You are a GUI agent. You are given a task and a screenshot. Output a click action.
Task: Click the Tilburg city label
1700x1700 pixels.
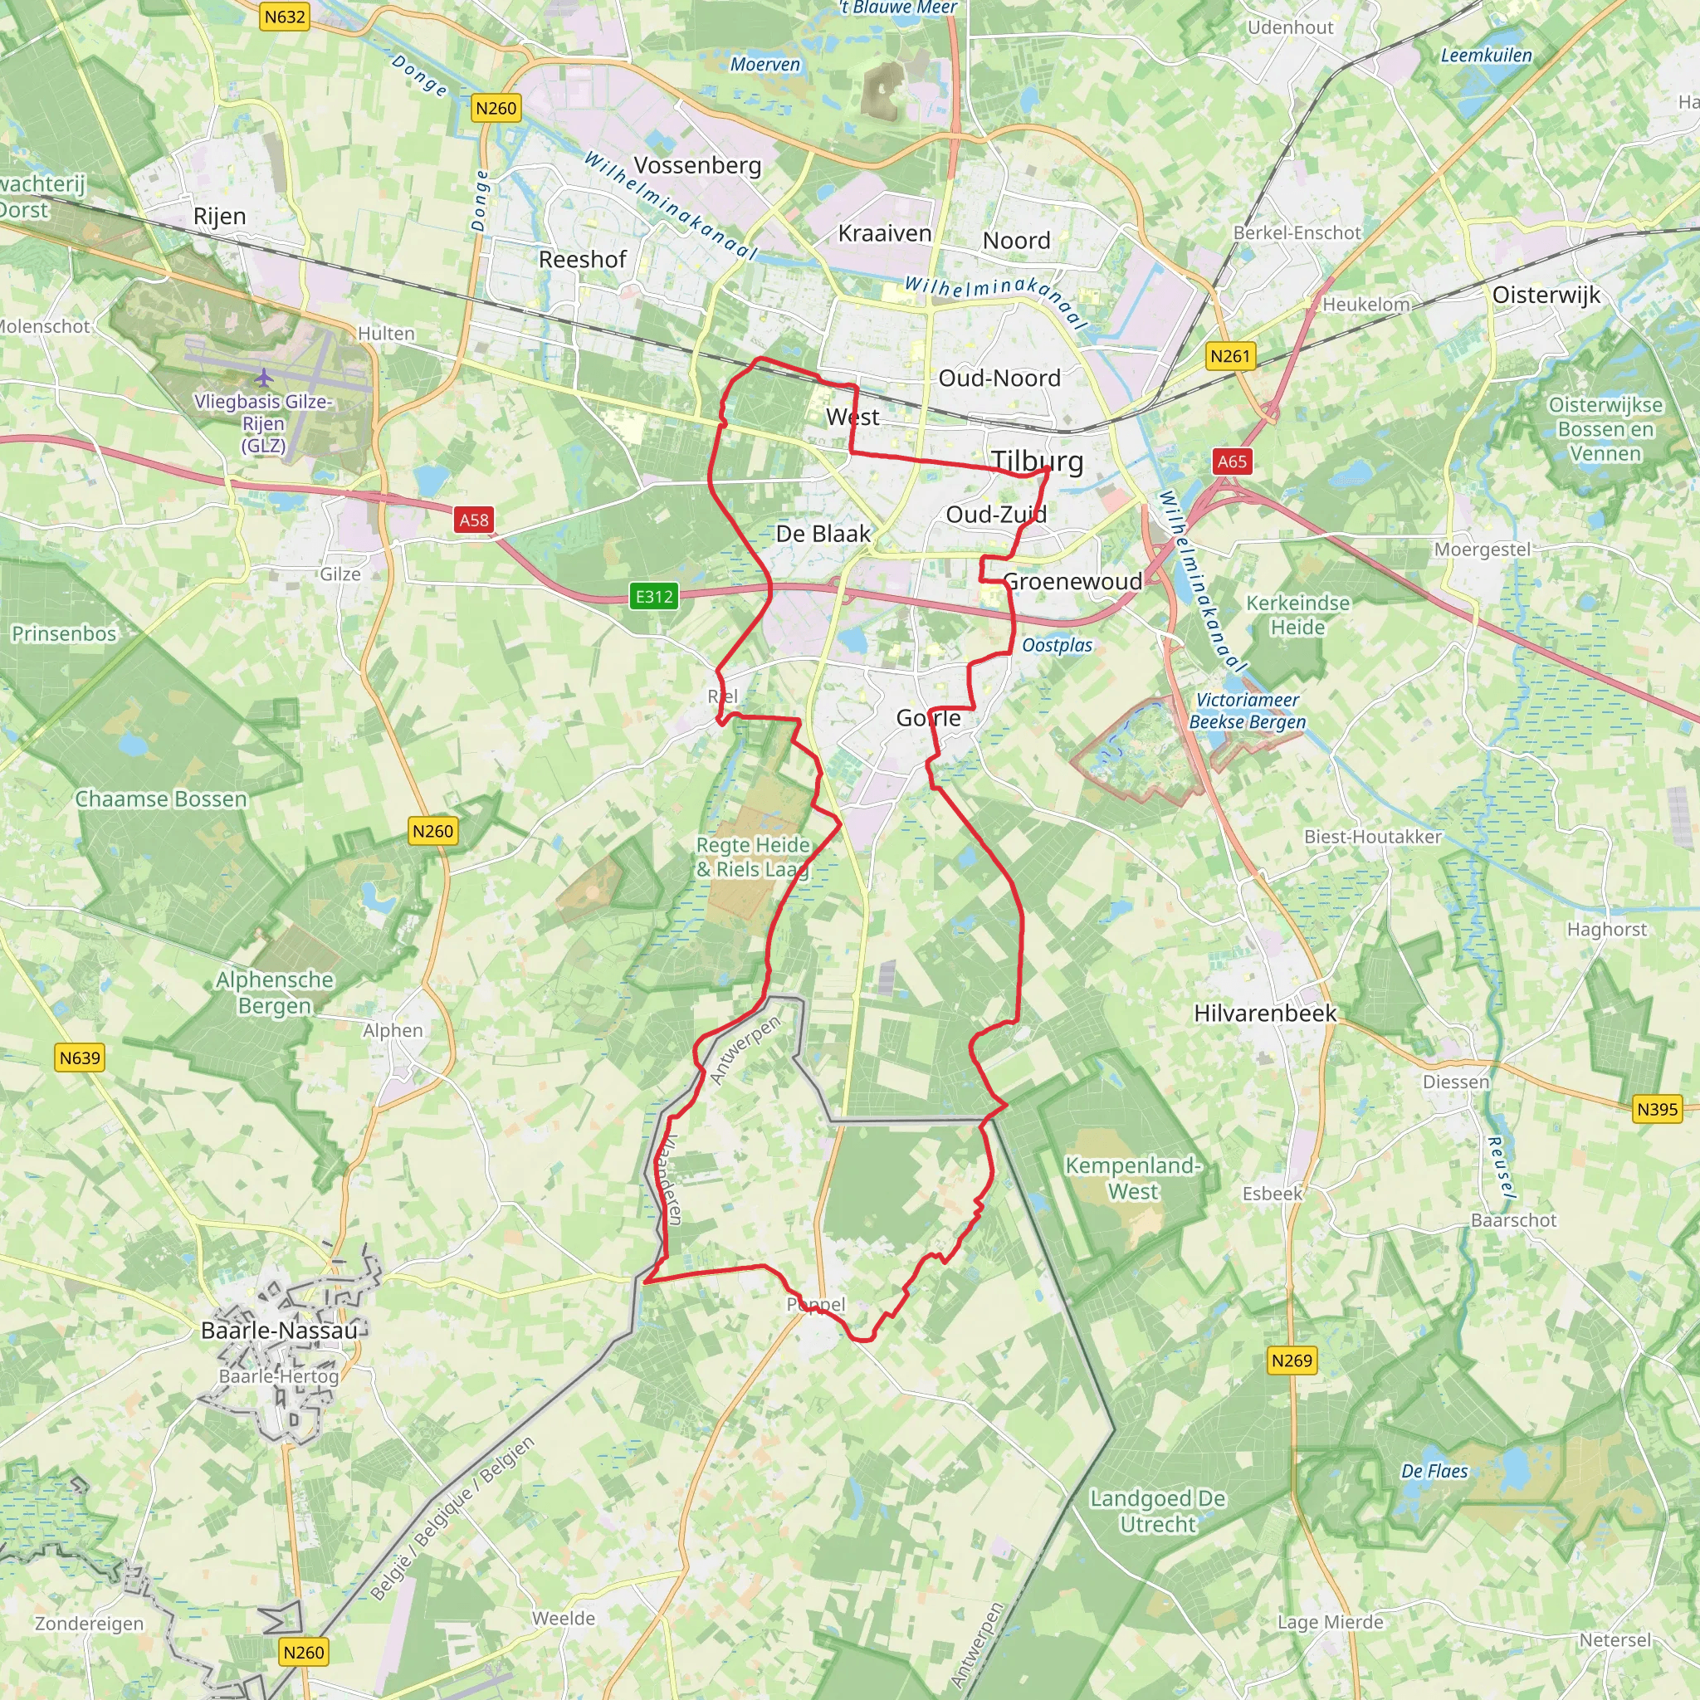pos(1038,461)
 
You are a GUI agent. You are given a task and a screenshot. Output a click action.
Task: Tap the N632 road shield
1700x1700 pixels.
pos(284,17)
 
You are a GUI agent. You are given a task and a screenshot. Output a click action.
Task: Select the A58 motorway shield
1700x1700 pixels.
pos(473,520)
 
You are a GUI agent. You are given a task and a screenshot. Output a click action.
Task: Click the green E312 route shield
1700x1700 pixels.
pos(655,597)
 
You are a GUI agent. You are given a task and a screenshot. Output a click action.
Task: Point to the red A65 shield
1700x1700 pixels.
pos(1232,461)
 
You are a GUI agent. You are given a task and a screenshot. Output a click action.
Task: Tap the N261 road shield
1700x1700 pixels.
pos(1230,356)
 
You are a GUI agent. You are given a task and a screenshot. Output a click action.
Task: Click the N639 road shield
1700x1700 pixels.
pos(80,1058)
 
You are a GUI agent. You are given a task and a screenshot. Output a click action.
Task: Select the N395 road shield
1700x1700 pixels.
pos(1657,1109)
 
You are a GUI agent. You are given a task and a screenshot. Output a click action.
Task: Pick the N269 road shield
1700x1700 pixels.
pos(1292,1360)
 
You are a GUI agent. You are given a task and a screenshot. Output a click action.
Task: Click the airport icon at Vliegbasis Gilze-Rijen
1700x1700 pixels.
pos(264,379)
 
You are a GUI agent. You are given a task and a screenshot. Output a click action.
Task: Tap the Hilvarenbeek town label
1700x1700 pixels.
pos(1264,1014)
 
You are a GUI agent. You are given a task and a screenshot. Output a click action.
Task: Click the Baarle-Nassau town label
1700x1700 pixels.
pos(279,1331)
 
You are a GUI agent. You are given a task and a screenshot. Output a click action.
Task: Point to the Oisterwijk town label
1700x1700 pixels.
pos(1546,295)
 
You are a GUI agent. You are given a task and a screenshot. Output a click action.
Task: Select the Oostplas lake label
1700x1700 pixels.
pos(1057,645)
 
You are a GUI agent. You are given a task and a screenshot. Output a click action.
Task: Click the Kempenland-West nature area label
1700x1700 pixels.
pos(1132,1178)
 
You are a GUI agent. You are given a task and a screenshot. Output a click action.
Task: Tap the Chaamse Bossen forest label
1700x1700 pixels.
pos(161,799)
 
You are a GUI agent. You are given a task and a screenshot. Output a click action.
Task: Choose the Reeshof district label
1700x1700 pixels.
pos(583,260)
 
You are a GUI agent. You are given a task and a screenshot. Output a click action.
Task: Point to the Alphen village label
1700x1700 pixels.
pos(393,1030)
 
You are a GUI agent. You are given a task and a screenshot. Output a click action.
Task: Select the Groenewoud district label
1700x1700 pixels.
pos(1072,582)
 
